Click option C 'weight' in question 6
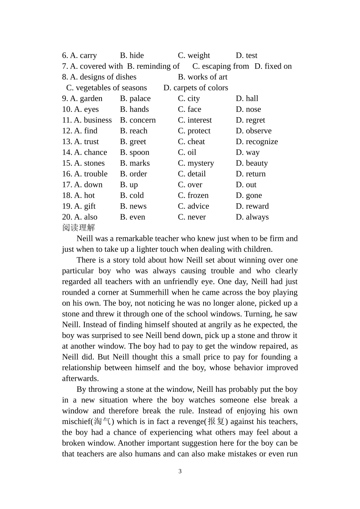pyautogui.click(x=194, y=55)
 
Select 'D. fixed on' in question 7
pyautogui.click(x=273, y=66)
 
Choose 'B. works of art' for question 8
pyautogui.click(x=202, y=77)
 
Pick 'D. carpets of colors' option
pyautogui.click(x=196, y=88)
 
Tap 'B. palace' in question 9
pyautogui.click(x=135, y=99)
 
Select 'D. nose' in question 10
pyautogui.click(x=248, y=109)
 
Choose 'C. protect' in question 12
pyautogui.click(x=194, y=131)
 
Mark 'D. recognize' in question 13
pyautogui.click(x=257, y=142)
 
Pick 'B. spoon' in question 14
pyautogui.click(x=135, y=152)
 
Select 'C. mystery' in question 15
pyautogui.click(x=196, y=163)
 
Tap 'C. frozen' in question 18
pyautogui.click(x=193, y=195)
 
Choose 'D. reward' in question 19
pyautogui.click(x=252, y=206)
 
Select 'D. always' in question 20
pyautogui.click(x=252, y=217)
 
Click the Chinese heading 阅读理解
pyautogui.click(x=78, y=228)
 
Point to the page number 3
pyautogui.click(x=180, y=471)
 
